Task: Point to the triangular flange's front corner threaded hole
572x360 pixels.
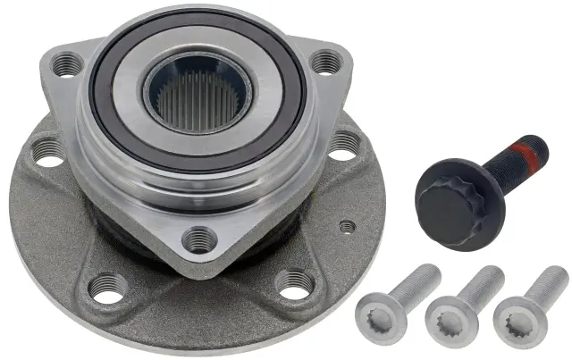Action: coord(199,239)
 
